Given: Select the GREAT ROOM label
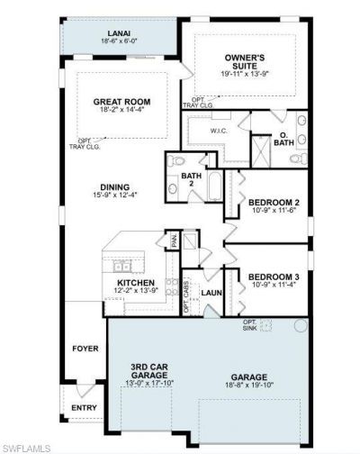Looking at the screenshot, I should (x=121, y=102).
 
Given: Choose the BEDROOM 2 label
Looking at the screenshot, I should (x=273, y=203).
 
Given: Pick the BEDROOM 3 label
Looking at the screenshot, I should (x=273, y=276).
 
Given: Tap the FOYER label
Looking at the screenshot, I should (x=85, y=347).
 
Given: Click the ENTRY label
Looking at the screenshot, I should (x=84, y=408).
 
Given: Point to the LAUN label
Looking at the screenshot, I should (x=212, y=293).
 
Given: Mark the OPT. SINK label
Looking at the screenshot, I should (x=249, y=325).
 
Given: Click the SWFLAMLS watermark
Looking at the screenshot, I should (x=26, y=446).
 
